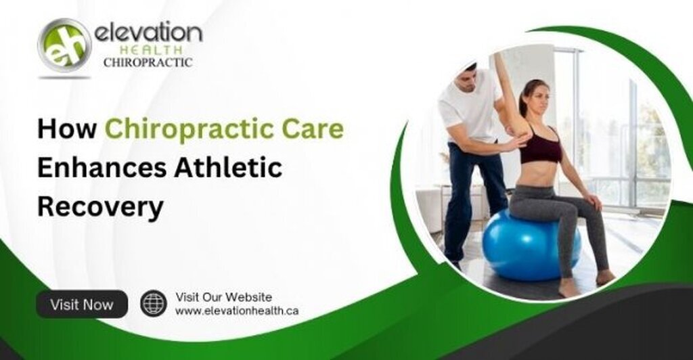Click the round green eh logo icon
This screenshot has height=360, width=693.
(64, 45)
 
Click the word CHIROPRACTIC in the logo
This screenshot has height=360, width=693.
(148, 63)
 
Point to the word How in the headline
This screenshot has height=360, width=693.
(67, 129)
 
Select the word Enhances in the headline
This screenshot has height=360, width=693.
(102, 168)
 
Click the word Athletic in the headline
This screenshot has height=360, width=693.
(229, 168)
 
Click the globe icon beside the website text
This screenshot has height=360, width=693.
(154, 303)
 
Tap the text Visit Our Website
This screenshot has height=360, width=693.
(223, 297)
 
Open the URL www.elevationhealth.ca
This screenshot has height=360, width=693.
(237, 311)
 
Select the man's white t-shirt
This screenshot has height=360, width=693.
(470, 107)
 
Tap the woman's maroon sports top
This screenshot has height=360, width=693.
(540, 145)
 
